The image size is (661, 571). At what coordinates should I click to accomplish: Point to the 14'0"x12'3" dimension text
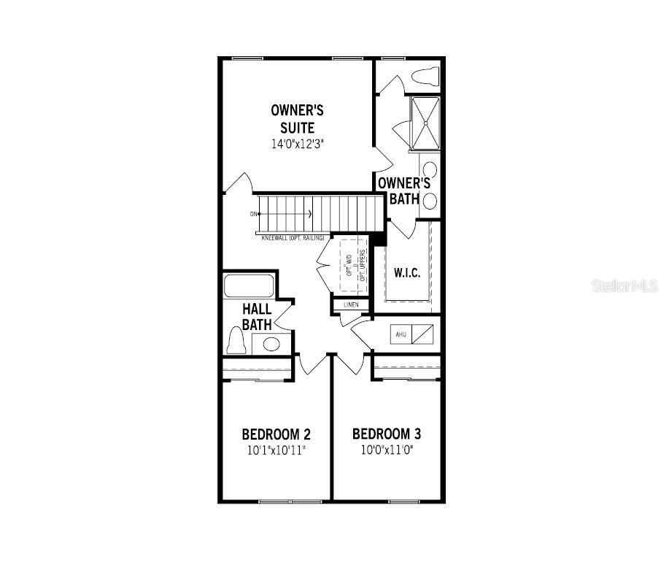click(297, 144)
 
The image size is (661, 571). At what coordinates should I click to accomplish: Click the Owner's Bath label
click(403, 190)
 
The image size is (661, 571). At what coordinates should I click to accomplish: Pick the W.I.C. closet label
click(406, 273)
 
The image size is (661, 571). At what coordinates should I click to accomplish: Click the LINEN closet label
click(351, 304)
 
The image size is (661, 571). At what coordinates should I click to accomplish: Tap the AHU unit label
click(401, 334)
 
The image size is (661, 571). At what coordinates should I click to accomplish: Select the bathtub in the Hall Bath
click(249, 285)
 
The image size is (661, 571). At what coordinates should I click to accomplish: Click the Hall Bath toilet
click(236, 340)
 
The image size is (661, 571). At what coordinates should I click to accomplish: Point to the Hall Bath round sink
click(271, 344)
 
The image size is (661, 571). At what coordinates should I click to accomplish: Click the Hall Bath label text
click(257, 317)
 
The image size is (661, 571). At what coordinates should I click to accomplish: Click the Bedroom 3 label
click(386, 433)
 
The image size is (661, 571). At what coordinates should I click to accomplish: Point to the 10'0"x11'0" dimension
click(386, 450)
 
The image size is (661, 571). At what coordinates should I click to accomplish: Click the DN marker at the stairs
click(253, 214)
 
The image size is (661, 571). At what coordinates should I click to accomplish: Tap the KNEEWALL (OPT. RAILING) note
click(293, 238)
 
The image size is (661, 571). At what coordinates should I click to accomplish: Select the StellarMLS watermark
click(625, 285)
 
